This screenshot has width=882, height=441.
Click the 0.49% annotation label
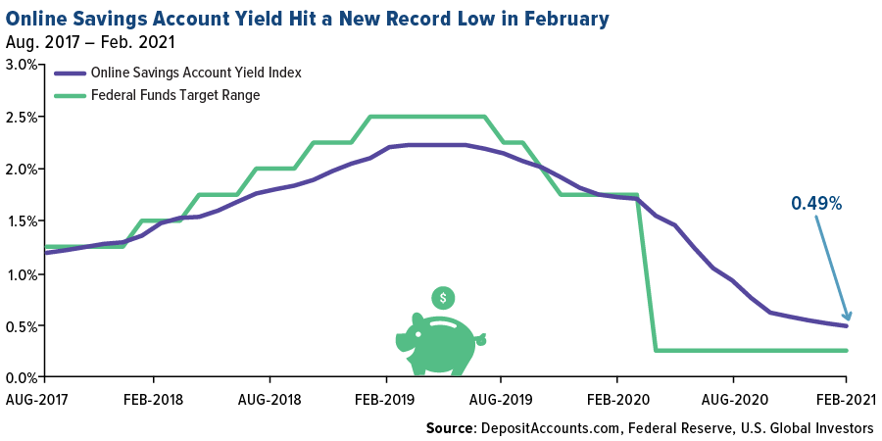pyautogui.click(x=816, y=204)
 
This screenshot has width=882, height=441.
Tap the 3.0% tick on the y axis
pyautogui.click(x=21, y=65)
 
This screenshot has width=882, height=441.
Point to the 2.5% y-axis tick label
pyautogui.click(x=21, y=117)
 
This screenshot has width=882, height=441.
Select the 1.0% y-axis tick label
pyautogui.click(x=21, y=273)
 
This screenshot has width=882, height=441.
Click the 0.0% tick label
pyautogui.click(x=21, y=377)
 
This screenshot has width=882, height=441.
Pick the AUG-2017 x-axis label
pyautogui.click(x=37, y=402)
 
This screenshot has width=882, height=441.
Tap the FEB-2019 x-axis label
pyautogui.click(x=385, y=402)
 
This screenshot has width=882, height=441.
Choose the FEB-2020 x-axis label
pyautogui.click(x=616, y=402)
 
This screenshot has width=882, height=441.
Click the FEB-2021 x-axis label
pyautogui.click(x=848, y=402)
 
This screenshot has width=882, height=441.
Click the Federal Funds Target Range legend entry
pyautogui.click(x=174, y=95)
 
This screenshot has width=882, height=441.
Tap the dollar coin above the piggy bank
pyautogui.click(x=443, y=297)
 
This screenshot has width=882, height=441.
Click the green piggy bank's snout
pyautogui.click(x=403, y=342)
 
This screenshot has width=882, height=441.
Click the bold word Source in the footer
pyautogui.click(x=450, y=428)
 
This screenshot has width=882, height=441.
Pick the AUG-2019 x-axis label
pyautogui.click(x=501, y=402)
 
